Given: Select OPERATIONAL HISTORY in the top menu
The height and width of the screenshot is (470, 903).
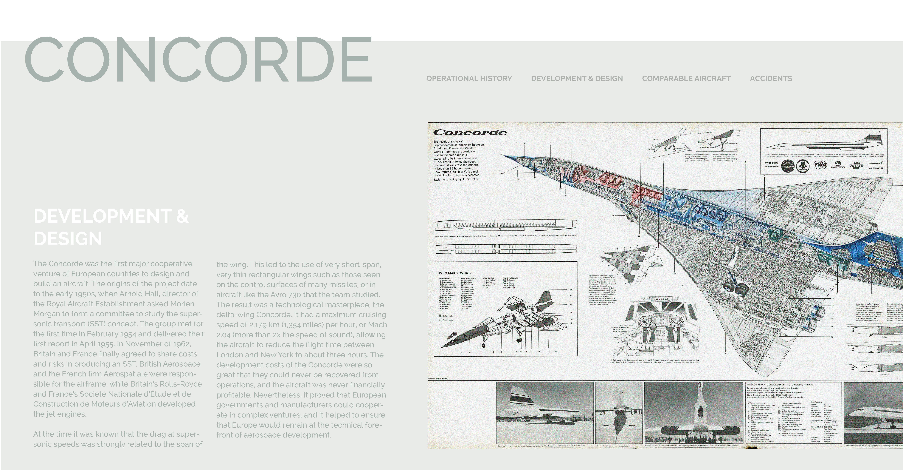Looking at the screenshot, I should pyautogui.click(x=469, y=79).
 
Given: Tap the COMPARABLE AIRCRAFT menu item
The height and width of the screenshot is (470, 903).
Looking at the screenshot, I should pyautogui.click(x=686, y=79).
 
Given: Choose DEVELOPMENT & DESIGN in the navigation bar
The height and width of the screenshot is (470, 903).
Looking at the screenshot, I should pyautogui.click(x=577, y=79).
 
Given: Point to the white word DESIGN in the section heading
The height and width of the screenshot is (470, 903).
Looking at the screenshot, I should pyautogui.click(x=68, y=239).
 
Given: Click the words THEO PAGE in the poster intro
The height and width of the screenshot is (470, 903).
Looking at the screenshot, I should pyautogui.click(x=471, y=179).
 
